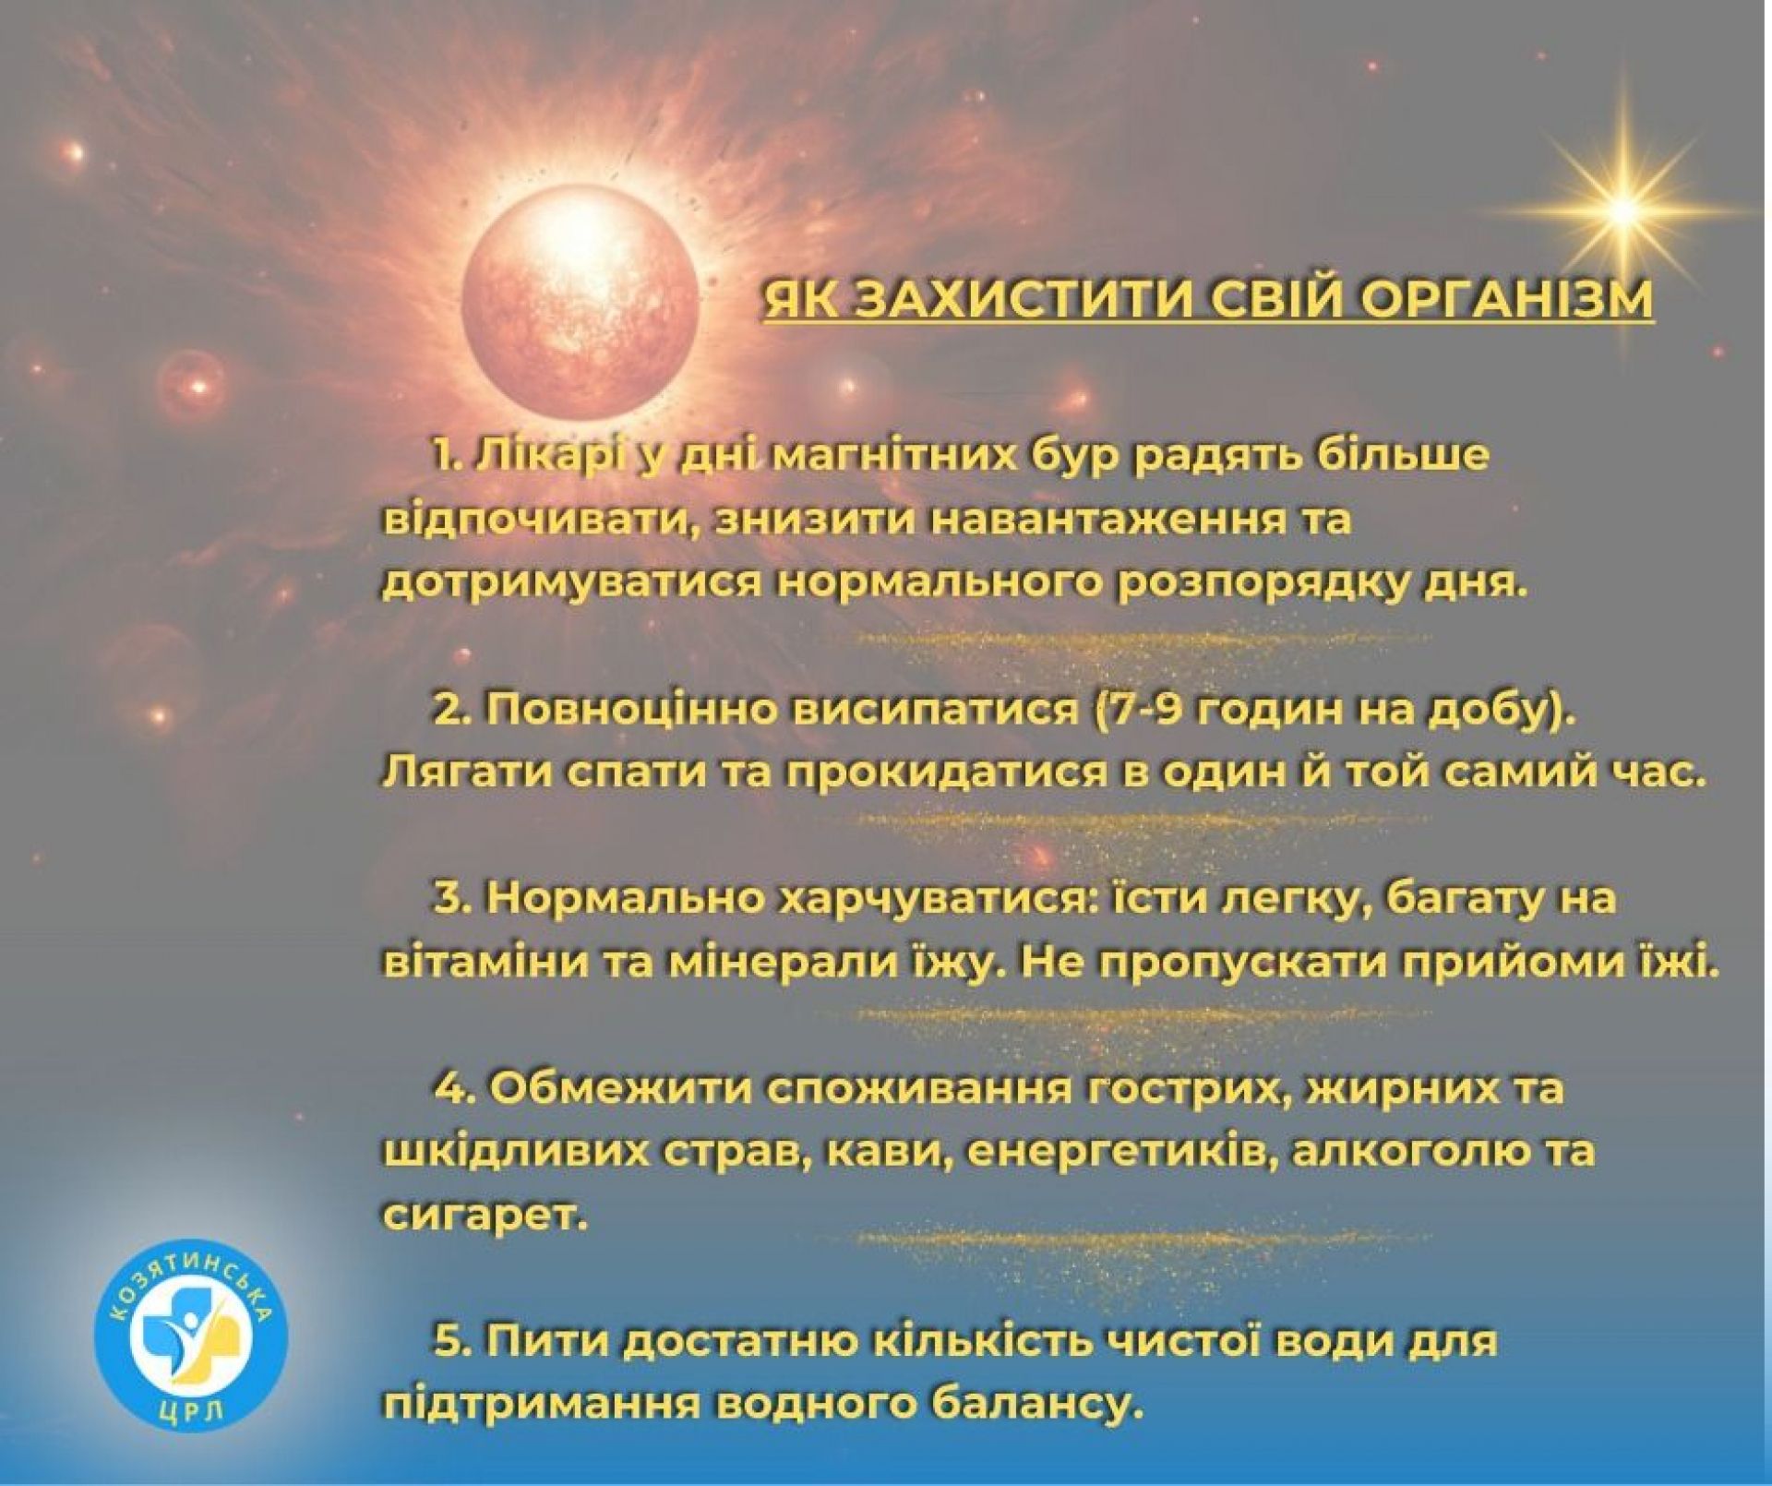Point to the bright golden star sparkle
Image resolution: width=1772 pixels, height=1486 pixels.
pyautogui.click(x=1622, y=210)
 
